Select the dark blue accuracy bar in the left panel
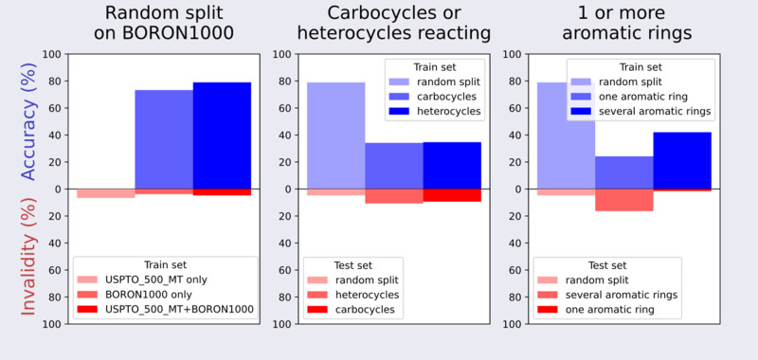pyautogui.click(x=222, y=135)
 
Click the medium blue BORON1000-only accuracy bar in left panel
pyautogui.click(x=163, y=138)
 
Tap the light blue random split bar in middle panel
pyautogui.click(x=336, y=135)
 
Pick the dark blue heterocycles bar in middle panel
pyautogui.click(x=452, y=165)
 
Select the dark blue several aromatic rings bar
pyautogui.click(x=682, y=160)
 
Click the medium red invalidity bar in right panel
pyautogui.click(x=624, y=200)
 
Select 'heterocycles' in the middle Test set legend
pyautogui.click(x=367, y=295)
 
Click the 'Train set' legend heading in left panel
pyautogui.click(x=164, y=264)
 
